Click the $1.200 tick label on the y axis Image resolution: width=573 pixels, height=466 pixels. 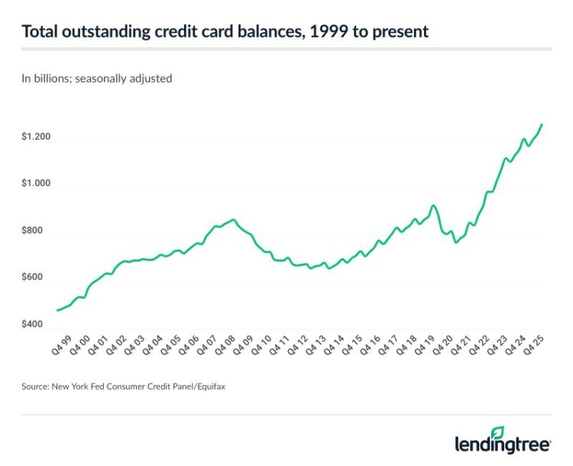coord(37,138)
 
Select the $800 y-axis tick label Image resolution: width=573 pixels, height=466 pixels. coord(34,231)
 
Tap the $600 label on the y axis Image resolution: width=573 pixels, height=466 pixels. coord(34,278)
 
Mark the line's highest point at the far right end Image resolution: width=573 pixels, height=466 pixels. coord(542,124)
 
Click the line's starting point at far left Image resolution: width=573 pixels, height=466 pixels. coord(57,310)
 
